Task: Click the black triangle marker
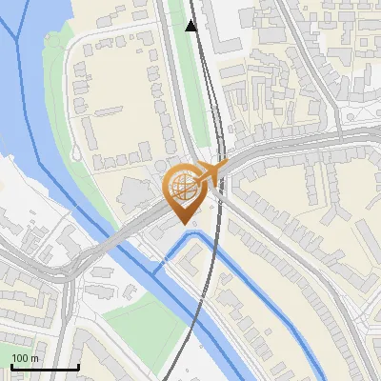click(192, 26)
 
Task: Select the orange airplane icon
click(211, 170)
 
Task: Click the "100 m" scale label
click(26, 358)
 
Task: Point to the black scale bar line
click(44, 367)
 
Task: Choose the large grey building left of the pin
click(133, 195)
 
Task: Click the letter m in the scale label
click(34, 358)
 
